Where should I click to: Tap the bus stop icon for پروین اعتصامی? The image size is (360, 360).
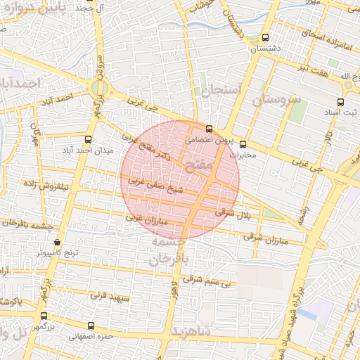pos(209,129)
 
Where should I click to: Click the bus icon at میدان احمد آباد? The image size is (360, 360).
pos(88,139)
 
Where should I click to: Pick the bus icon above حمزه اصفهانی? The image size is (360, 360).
pos(91,326)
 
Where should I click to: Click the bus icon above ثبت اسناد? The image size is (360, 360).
pos(349,100)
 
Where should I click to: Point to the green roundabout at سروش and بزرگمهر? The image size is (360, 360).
pos(96,88)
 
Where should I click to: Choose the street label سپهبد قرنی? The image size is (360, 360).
pos(111,297)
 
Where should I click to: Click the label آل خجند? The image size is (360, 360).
pos(84,8)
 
